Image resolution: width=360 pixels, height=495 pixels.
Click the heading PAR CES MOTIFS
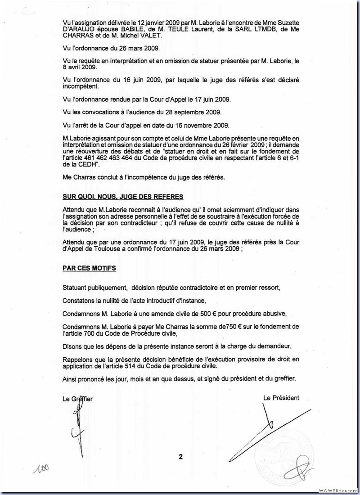[89, 268]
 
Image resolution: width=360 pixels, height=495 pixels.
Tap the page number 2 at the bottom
[180, 457]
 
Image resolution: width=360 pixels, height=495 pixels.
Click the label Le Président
[281, 397]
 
